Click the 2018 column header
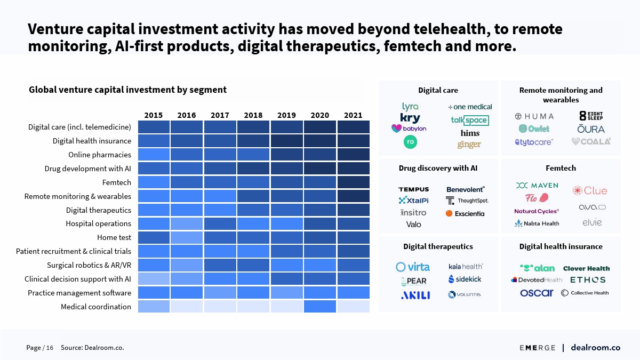(x=253, y=115)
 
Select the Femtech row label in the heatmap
(x=117, y=182)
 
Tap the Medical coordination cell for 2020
(x=320, y=307)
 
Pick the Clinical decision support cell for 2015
(x=154, y=279)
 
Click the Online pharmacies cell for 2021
(x=353, y=155)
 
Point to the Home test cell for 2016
(x=187, y=237)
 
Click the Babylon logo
(x=409, y=129)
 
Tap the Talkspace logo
(x=469, y=120)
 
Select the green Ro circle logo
(x=410, y=142)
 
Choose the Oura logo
(x=591, y=129)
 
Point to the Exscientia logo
(x=465, y=213)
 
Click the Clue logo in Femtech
(x=590, y=190)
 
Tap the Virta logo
(x=412, y=267)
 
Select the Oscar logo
(x=537, y=293)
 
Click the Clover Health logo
(x=586, y=268)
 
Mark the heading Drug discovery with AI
(x=438, y=168)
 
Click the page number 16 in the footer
(x=50, y=348)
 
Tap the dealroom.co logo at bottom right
(x=595, y=348)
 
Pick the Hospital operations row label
(x=99, y=223)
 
